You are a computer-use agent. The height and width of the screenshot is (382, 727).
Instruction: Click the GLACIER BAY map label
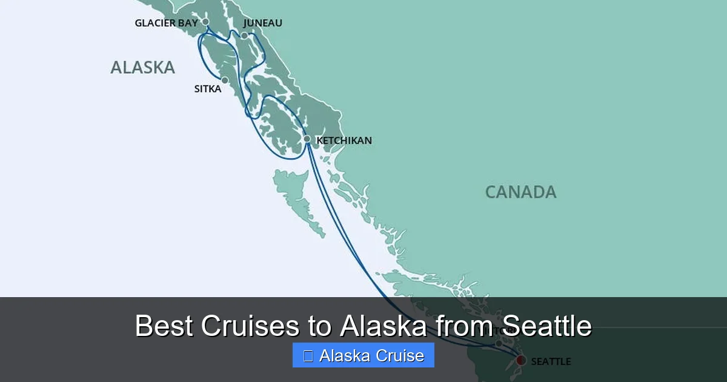pyautogui.click(x=166, y=23)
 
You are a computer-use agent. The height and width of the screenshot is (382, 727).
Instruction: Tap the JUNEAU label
pyautogui.click(x=262, y=23)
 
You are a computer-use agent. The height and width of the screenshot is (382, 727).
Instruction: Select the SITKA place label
pyautogui.click(x=207, y=89)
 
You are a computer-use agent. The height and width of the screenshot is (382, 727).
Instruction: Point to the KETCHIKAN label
pyautogui.click(x=344, y=141)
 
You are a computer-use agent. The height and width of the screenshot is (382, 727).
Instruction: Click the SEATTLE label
pyautogui.click(x=551, y=361)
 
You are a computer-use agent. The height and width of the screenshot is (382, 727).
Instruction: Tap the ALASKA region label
pyautogui.click(x=142, y=67)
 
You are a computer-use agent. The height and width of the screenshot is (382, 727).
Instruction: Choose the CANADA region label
pyautogui.click(x=520, y=192)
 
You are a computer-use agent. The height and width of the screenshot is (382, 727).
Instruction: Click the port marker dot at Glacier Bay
pyautogui.click(x=205, y=22)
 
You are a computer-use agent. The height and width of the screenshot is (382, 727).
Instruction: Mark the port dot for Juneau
pyautogui.click(x=244, y=36)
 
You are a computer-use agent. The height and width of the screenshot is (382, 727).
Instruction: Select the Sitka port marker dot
pyautogui.click(x=225, y=80)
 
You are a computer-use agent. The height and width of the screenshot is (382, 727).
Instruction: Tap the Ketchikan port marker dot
pyautogui.click(x=307, y=139)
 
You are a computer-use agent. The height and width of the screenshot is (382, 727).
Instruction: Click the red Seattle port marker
pyautogui.click(x=520, y=360)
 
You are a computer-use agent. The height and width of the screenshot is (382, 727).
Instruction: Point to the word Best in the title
pyautogui.click(x=164, y=326)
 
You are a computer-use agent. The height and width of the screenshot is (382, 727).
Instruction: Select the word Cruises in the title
pyautogui.click(x=249, y=326)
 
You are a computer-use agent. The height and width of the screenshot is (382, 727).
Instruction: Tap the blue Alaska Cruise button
pyautogui.click(x=363, y=355)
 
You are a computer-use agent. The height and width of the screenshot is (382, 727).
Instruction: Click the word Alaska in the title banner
pyautogui.click(x=383, y=326)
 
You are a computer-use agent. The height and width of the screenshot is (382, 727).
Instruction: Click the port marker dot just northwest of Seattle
pyautogui.click(x=499, y=343)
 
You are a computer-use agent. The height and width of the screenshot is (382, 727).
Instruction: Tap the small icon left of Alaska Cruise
pyautogui.click(x=308, y=356)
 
